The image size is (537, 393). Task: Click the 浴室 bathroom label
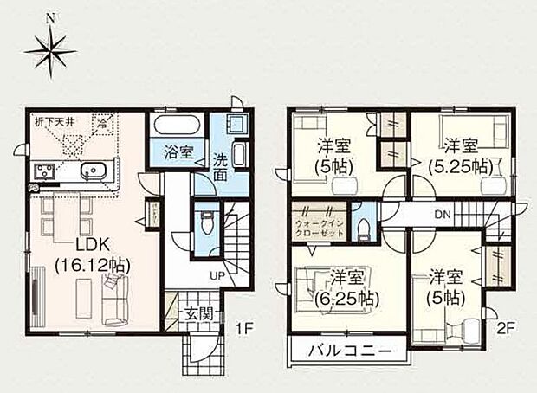[178, 157]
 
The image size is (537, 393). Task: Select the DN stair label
[443, 215]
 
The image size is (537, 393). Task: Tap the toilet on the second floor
[367, 228]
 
